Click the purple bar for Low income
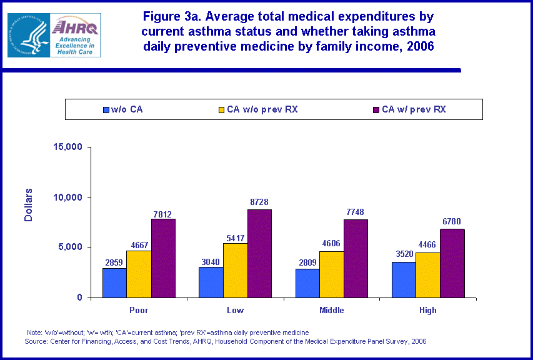tap(259, 253)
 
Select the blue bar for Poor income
tap(114, 282)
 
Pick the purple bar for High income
tap(452, 262)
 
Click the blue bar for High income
tap(404, 279)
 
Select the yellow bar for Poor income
tap(138, 274)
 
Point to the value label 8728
tap(259, 202)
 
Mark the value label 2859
tap(114, 261)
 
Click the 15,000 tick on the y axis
tap(69, 147)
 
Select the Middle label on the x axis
tap(331, 310)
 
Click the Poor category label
tap(138, 310)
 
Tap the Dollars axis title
tap(28, 204)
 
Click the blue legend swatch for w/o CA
tap(106, 110)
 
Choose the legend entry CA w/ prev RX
tap(413, 109)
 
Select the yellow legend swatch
tap(221, 110)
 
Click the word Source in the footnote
tap(37, 341)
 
